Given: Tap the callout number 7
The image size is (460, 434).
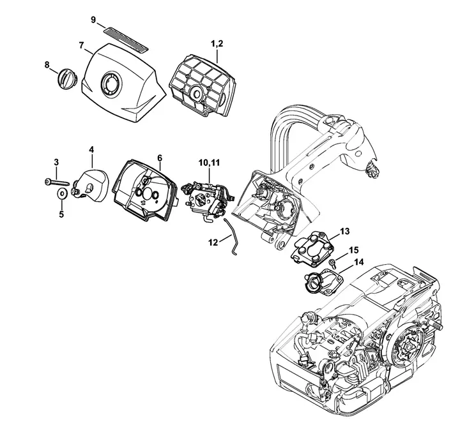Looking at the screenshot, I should pos(81,45).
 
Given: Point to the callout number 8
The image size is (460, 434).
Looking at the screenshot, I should pos(47,64).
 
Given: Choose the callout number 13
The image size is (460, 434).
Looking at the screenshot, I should pos(344,230).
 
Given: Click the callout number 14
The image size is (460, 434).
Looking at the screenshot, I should pos(358,262).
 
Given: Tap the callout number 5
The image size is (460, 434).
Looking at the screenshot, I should pos(61,214).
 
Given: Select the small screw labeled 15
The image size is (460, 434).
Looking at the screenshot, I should pos(333,262).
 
